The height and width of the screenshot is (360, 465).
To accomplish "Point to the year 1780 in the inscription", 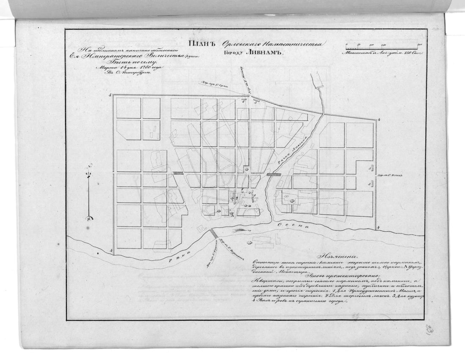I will (x=142, y=67).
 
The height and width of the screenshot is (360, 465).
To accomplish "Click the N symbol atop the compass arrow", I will (x=88, y=168).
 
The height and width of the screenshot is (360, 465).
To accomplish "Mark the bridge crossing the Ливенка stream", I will (x=274, y=174).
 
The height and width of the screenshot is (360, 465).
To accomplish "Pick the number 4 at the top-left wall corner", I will (x=110, y=96).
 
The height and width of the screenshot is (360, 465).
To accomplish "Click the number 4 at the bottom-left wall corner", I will (x=110, y=252).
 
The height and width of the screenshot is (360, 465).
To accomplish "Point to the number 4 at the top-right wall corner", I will (x=380, y=120).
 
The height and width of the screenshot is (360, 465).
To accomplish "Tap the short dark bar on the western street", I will (x=177, y=173).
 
